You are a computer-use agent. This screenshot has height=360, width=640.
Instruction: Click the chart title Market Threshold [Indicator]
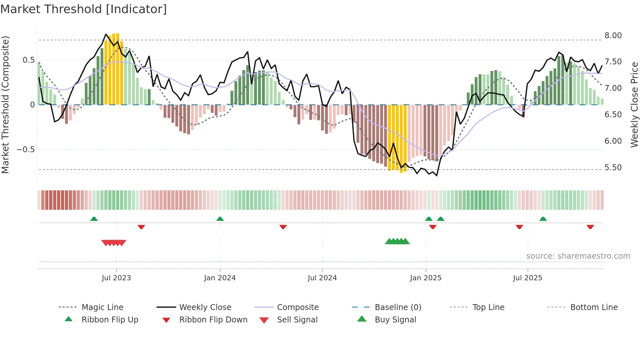84,9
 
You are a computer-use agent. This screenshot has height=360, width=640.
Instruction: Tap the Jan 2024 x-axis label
220,278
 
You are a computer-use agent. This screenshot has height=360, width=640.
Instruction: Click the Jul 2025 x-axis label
527,278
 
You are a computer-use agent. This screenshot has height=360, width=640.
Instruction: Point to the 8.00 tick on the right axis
613,35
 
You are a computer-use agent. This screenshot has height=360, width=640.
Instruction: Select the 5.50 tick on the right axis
613,167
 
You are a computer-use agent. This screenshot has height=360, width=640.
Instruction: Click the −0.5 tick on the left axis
25,149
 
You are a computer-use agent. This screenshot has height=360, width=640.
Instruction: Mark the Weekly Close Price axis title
634,105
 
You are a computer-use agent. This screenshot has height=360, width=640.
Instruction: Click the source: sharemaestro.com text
578,256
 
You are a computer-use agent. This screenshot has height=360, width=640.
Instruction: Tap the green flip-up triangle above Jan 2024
220,219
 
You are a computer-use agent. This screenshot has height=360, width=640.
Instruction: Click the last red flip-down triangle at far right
590,227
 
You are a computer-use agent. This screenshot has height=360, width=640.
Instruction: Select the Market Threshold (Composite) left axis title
5,105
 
